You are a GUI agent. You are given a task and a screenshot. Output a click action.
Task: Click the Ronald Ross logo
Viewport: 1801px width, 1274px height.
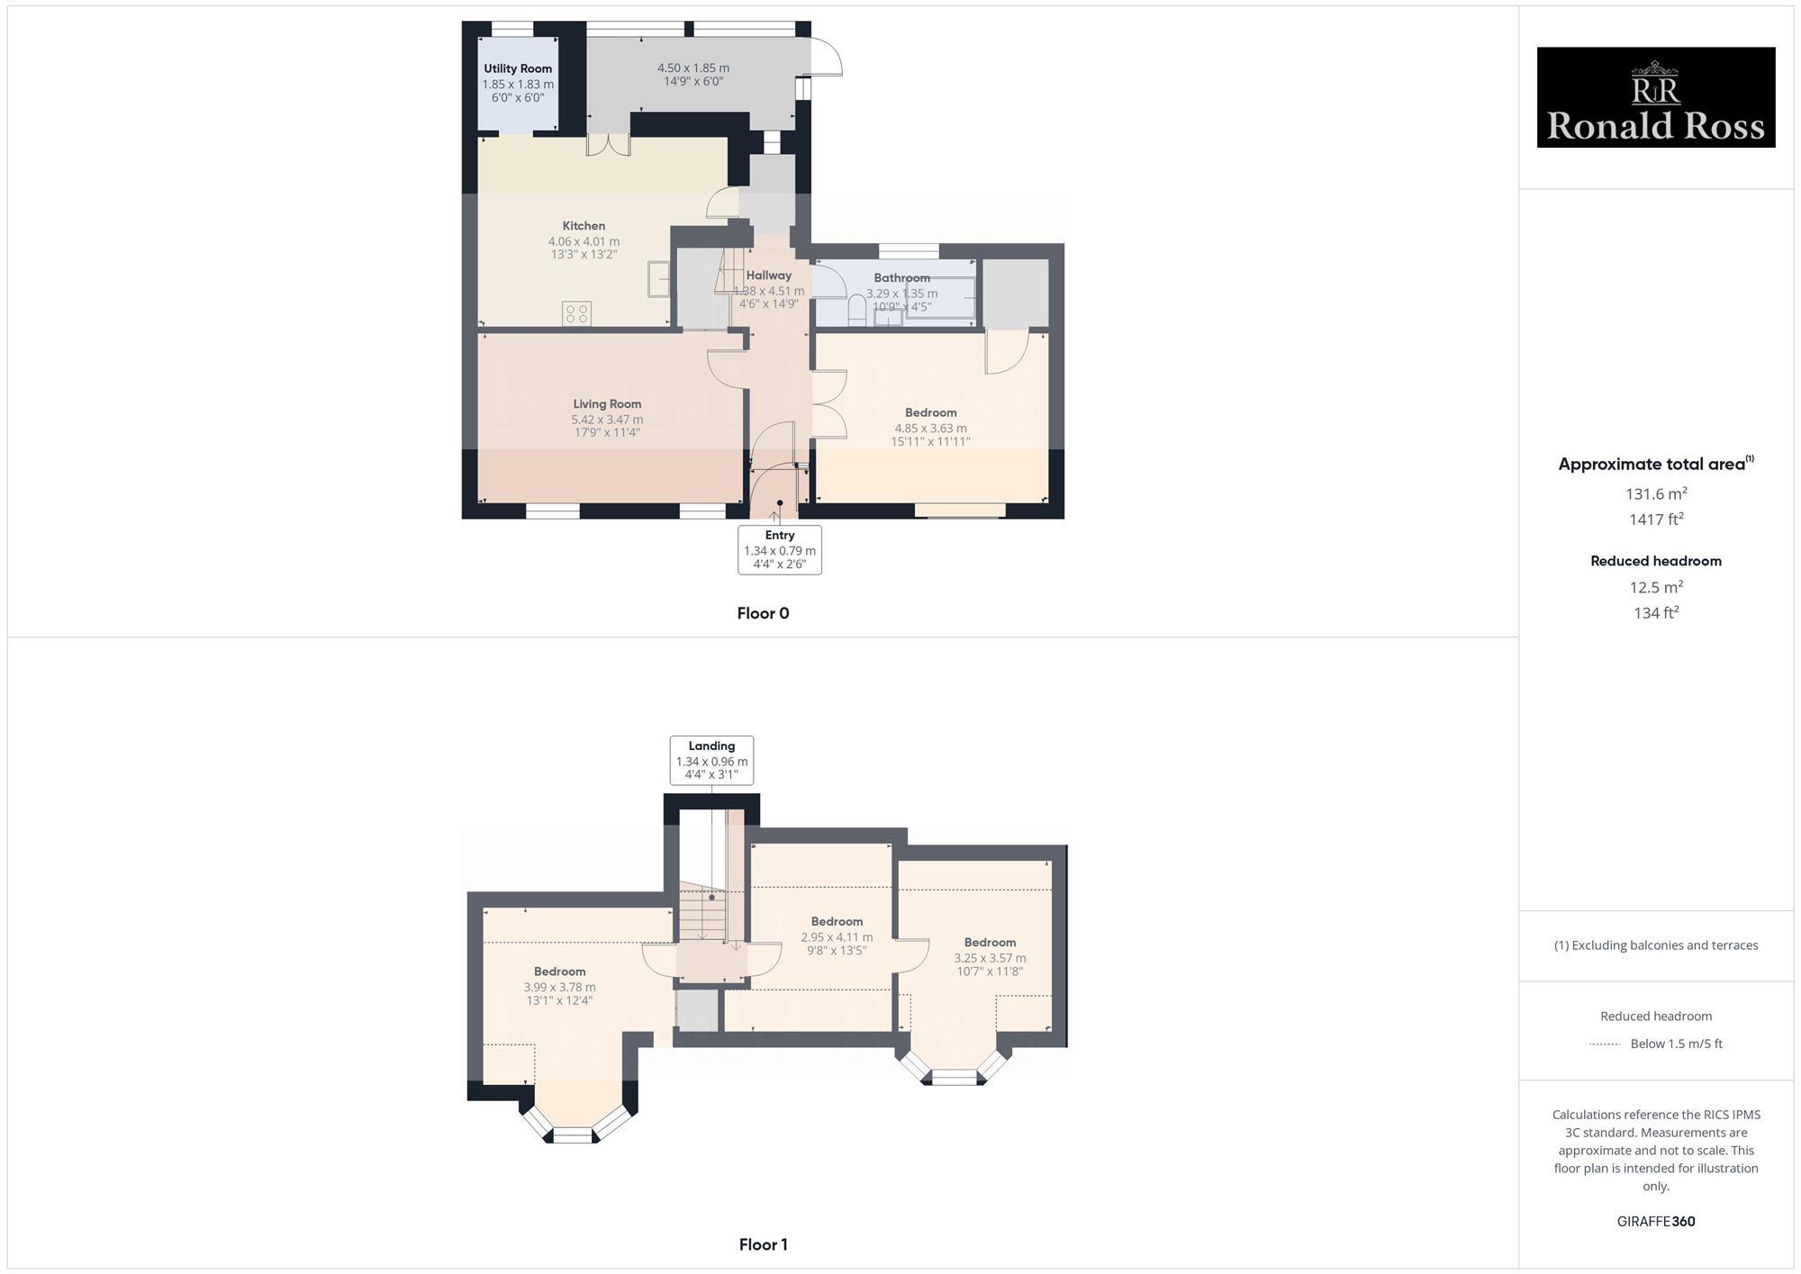1655,97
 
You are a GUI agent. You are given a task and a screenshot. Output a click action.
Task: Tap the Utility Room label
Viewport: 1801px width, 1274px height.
518,68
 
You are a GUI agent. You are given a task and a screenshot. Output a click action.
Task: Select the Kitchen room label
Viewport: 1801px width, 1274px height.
584,226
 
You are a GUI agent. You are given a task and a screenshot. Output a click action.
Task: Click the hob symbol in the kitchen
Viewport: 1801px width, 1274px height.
576,313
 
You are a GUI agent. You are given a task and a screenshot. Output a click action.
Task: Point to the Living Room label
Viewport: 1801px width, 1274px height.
607,404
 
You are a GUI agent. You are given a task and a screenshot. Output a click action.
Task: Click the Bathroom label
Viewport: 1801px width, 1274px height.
901,278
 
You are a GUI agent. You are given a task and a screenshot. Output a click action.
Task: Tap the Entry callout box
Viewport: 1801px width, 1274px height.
779,549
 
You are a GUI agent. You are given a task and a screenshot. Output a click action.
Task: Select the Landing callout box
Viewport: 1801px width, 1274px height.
711,761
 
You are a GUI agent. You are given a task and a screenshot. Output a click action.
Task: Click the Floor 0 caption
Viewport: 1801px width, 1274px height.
763,613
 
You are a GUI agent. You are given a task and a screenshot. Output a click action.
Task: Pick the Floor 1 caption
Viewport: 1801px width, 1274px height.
763,1244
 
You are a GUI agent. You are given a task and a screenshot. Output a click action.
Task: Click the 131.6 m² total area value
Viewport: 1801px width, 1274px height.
1655,493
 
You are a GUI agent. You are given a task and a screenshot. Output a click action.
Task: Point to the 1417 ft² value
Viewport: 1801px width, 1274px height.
1655,520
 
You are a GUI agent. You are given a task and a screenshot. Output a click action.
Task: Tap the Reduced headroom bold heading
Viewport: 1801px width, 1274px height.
1655,561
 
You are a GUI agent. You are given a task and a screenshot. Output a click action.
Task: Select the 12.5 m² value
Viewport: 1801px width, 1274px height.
1655,587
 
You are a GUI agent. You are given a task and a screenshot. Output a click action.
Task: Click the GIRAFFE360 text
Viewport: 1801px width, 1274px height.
1655,1222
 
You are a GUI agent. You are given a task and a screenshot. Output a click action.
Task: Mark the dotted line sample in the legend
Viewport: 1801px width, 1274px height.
1605,1044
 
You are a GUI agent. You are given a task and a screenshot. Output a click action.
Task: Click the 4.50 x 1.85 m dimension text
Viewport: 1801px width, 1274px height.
692,68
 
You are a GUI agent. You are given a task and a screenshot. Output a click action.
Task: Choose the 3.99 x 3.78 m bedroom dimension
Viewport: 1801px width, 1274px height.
559,987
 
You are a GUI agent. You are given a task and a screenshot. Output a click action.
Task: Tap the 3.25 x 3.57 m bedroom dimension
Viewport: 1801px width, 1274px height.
990,958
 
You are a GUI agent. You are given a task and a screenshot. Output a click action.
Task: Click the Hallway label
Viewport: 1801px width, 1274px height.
768,276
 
